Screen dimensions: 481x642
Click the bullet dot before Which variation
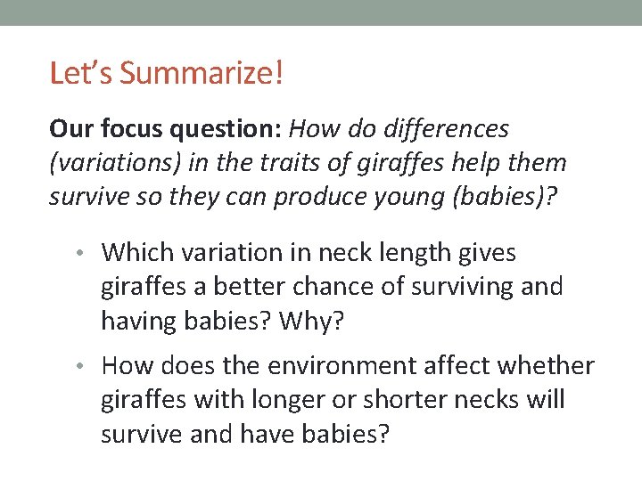pos(90,254)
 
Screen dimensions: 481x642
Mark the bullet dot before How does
pos(90,366)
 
